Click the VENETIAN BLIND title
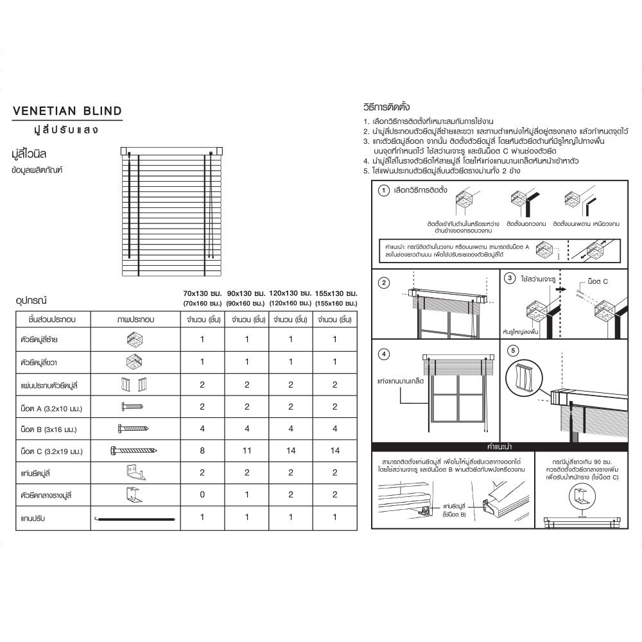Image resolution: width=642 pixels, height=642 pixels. tap(67, 111)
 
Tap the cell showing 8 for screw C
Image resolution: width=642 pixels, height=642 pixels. tap(202, 451)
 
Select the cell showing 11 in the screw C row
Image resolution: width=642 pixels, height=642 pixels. tap(247, 451)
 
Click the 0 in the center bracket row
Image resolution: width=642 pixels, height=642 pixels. tap(202, 495)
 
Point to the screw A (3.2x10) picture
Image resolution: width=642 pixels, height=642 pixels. tap(133, 406)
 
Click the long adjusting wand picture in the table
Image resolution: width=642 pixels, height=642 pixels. tap(135, 517)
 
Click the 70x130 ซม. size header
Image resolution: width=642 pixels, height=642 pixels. tap(202, 293)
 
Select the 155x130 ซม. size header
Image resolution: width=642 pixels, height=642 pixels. tap(336, 293)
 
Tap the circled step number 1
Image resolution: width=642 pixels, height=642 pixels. tap(383, 191)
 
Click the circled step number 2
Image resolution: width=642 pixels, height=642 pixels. tap(383, 283)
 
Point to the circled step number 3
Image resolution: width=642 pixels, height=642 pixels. tap(510, 278)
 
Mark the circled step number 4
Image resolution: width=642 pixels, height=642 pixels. tap(383, 354)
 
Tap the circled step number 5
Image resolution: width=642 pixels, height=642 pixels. tap(512, 351)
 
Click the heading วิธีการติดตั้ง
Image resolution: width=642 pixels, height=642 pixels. tap(386, 106)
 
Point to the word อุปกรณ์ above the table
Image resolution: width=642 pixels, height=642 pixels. tap(31, 300)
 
